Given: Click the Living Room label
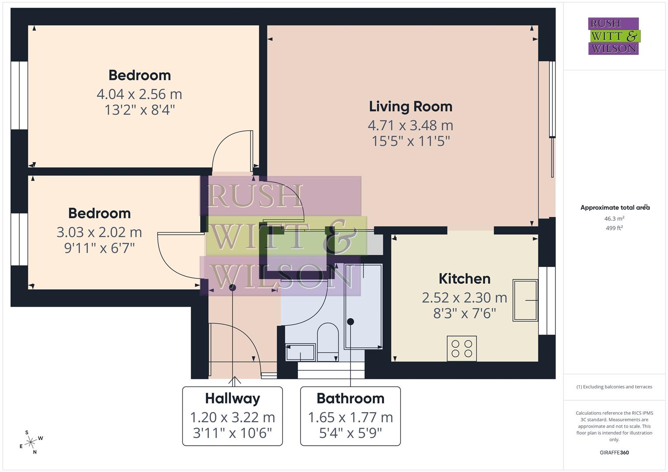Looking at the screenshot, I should click(x=410, y=107).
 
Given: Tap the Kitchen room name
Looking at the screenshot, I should click(x=464, y=279).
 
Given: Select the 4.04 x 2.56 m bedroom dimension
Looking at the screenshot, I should click(x=139, y=94).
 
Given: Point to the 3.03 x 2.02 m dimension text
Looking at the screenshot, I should click(x=99, y=232).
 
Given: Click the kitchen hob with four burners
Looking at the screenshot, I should click(x=462, y=348).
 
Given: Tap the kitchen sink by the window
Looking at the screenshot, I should click(x=525, y=300).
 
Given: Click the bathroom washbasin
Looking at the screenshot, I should click(x=300, y=352).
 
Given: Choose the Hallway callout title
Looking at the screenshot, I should click(x=232, y=399).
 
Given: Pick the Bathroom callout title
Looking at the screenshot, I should click(x=350, y=399).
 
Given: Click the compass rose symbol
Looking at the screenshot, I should click(x=31, y=442).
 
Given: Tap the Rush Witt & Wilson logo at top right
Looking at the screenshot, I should click(x=614, y=36).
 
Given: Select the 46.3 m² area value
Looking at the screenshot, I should click(x=614, y=219).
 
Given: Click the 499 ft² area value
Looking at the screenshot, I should click(x=614, y=228).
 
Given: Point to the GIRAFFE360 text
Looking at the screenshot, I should click(x=614, y=453).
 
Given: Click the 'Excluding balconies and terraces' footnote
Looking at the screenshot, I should click(x=614, y=387).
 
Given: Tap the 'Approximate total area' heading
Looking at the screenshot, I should click(x=614, y=208).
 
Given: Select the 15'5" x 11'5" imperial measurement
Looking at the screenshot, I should click(x=410, y=141).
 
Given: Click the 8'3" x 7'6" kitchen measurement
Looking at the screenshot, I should click(x=464, y=313).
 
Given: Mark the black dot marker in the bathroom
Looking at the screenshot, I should click(x=350, y=322).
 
